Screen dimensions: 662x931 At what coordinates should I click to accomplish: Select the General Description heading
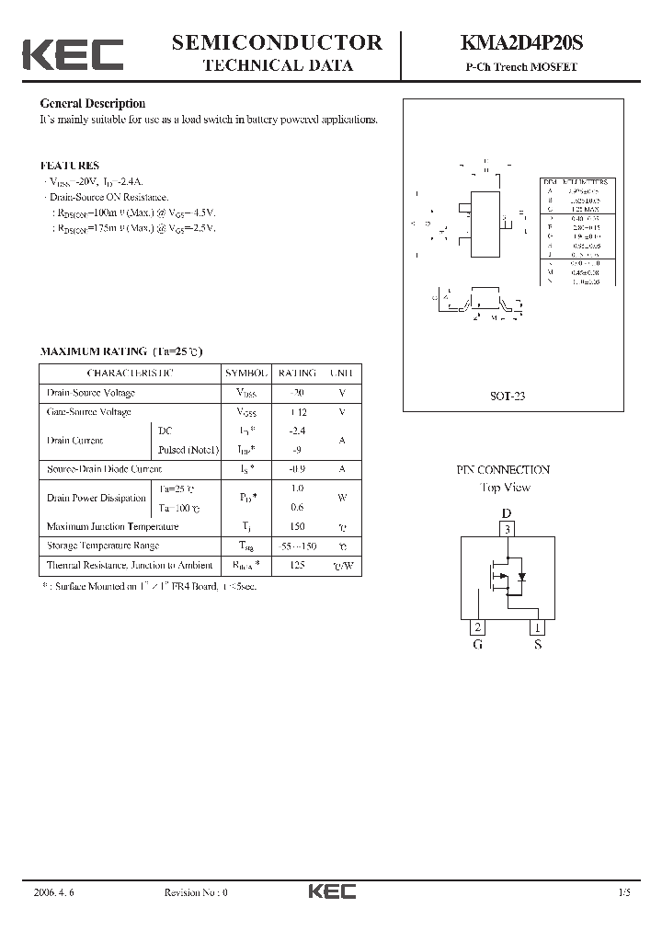coord(92,104)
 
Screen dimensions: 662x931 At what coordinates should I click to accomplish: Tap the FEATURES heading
coord(69,166)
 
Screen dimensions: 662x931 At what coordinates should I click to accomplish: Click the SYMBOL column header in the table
coord(246,374)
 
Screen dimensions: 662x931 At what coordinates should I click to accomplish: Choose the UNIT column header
coord(342,374)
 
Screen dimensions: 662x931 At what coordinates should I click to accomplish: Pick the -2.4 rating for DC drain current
coord(296,431)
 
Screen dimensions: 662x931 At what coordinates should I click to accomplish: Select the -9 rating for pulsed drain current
coord(296,450)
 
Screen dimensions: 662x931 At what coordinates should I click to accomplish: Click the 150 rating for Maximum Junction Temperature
coord(296,526)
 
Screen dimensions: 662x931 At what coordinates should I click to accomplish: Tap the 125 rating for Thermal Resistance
coord(296,565)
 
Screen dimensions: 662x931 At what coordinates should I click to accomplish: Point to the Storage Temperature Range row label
coord(103,546)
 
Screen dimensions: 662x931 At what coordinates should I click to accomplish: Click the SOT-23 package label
coord(507,397)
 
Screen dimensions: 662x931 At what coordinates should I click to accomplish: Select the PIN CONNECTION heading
coord(504,469)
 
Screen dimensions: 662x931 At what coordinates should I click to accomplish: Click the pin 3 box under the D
coord(506,529)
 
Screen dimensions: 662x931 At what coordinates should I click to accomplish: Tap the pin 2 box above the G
coord(477,627)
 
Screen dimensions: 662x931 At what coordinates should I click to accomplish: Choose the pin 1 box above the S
coord(536,627)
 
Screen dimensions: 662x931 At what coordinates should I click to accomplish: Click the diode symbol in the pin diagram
coord(522,577)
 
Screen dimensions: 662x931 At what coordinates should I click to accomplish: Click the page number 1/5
coord(625,892)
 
